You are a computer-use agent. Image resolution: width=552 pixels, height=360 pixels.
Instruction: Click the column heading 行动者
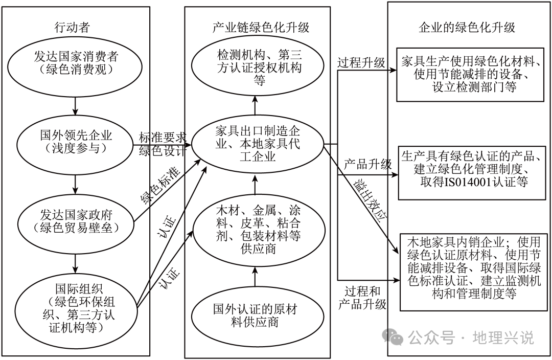75,27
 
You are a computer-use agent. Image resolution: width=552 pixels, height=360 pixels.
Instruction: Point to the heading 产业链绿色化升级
261,27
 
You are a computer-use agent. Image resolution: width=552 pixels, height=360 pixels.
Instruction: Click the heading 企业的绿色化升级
467,27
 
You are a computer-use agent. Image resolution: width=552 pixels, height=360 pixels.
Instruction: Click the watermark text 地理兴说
503,337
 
